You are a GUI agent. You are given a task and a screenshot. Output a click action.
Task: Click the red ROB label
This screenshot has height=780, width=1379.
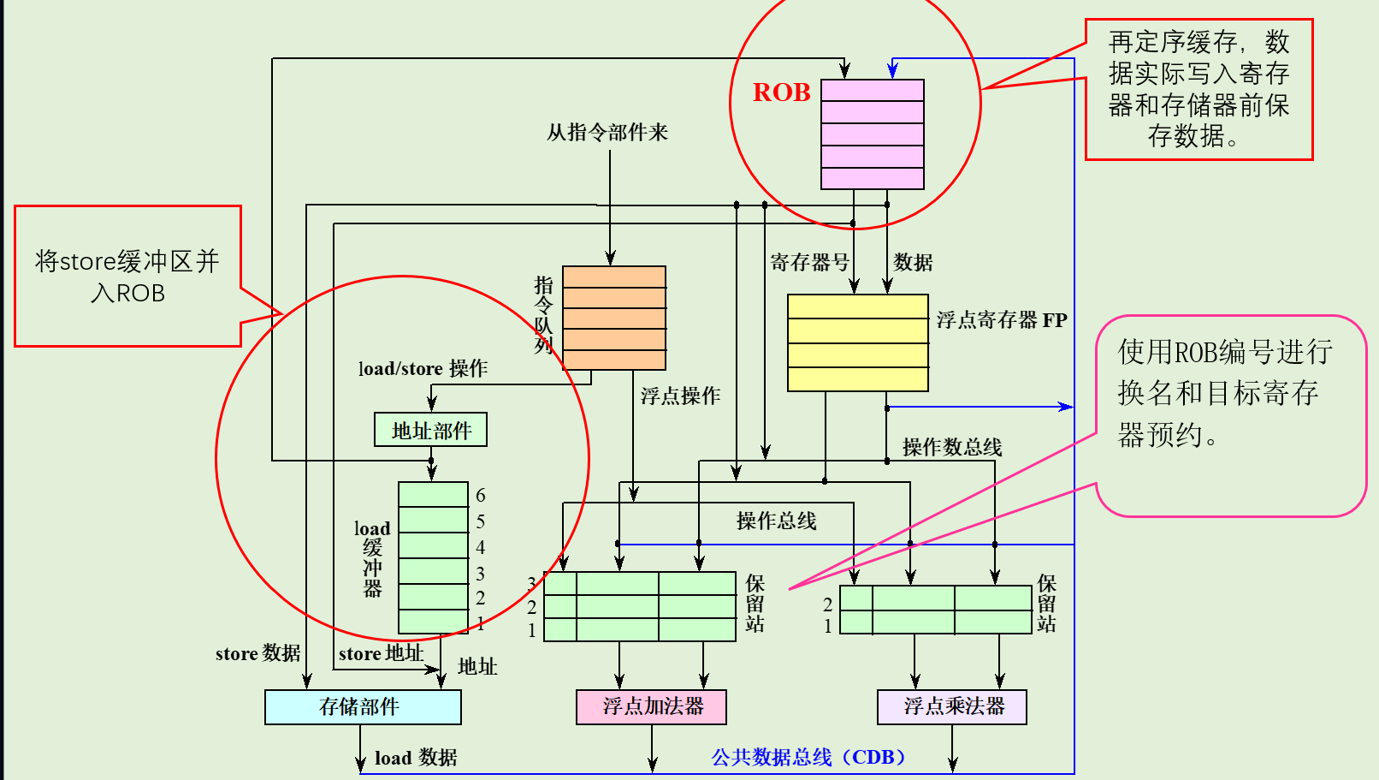tap(781, 92)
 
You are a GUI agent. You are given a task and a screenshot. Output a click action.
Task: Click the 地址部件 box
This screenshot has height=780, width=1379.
tap(430, 430)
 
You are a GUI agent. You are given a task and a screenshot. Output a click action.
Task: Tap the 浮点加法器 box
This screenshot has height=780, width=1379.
tap(652, 706)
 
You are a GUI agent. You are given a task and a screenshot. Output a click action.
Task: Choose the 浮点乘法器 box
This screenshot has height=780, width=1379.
tap(952, 706)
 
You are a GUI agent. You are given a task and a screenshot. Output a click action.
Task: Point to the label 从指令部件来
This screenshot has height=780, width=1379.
tap(607, 132)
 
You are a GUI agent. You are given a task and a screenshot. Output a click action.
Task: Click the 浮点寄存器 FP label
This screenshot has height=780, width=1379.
tap(1001, 320)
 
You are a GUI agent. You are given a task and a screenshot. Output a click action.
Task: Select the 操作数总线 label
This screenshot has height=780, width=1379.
tap(951, 446)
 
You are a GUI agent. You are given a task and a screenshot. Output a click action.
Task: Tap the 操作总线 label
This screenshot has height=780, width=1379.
tap(776, 521)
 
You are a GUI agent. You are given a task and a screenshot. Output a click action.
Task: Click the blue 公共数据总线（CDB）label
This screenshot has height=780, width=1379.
tap(808, 757)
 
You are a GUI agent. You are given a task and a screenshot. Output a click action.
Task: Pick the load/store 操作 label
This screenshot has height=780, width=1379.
tap(423, 368)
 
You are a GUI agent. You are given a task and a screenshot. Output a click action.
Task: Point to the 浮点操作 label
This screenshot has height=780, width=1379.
tap(680, 396)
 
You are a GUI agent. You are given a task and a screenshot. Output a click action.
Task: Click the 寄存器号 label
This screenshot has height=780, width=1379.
tap(809, 262)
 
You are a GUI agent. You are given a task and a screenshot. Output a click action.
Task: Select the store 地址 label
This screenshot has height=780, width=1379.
tap(381, 653)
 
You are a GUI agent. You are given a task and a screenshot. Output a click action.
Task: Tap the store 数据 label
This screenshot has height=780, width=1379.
tap(257, 653)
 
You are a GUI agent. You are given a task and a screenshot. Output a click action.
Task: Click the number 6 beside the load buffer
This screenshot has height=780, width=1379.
tap(481, 495)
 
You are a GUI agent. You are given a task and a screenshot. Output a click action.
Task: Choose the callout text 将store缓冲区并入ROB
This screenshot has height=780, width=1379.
tap(127, 277)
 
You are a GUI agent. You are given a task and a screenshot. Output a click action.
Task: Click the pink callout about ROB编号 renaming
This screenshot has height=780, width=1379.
tap(1225, 393)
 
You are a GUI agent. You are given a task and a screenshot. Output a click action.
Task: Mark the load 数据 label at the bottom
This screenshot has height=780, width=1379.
tap(416, 758)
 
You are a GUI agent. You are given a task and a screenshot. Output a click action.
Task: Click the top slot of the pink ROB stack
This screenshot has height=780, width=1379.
tap(872, 90)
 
